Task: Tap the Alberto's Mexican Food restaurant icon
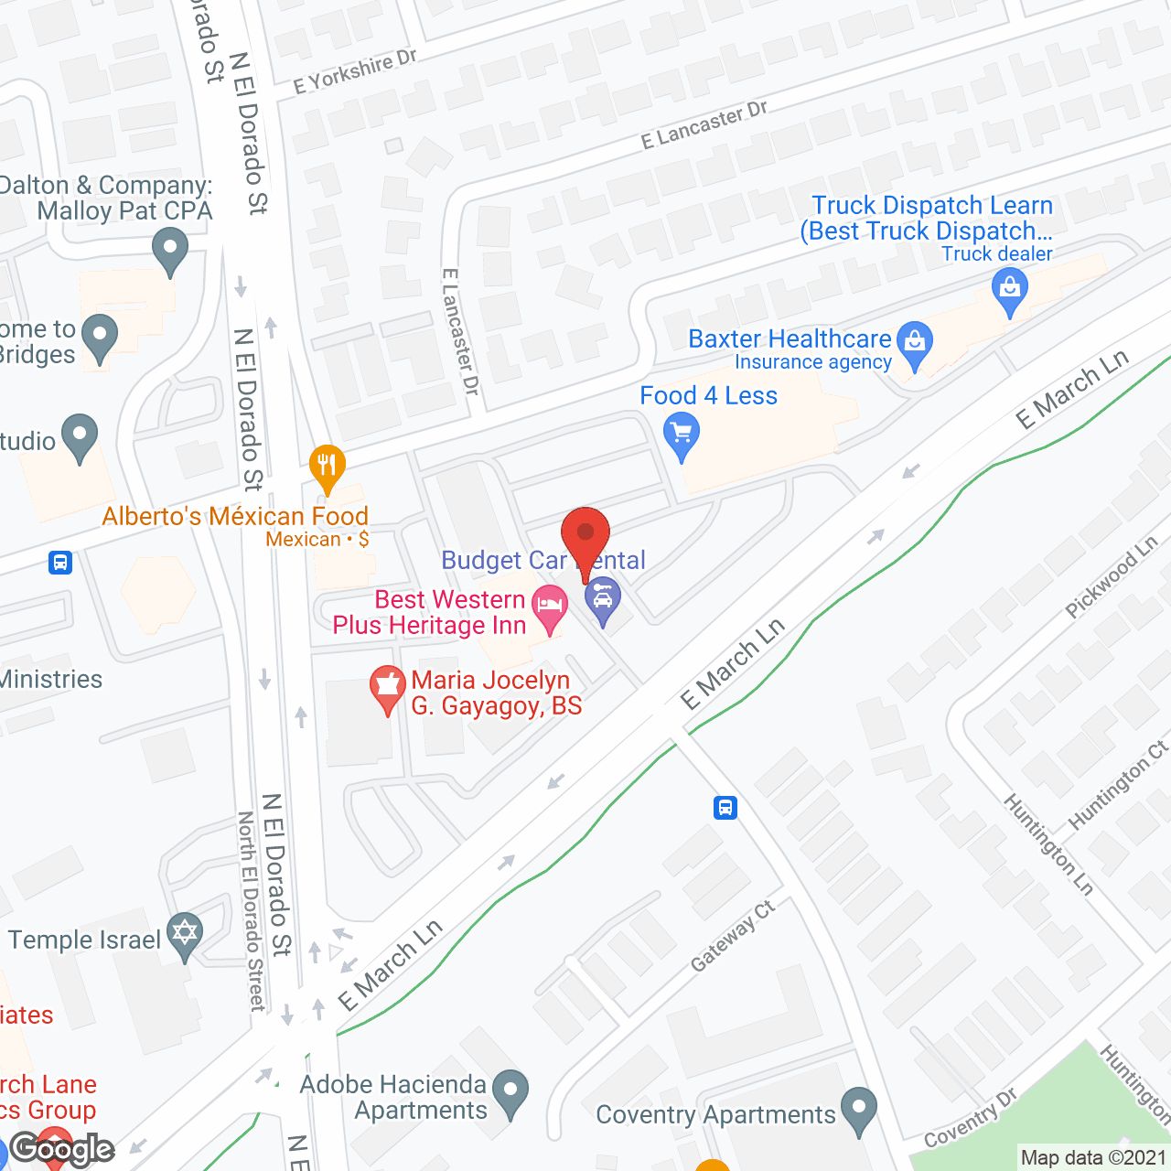(327, 467)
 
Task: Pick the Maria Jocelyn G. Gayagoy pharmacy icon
(388, 687)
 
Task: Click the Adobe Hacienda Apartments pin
(510, 1090)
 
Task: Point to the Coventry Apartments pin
(858, 1108)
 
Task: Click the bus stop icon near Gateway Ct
(725, 808)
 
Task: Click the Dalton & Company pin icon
(170, 249)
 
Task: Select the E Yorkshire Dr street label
(355, 71)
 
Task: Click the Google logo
(62, 1149)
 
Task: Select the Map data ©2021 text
(1093, 1158)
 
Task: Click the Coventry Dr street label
(970, 1119)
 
